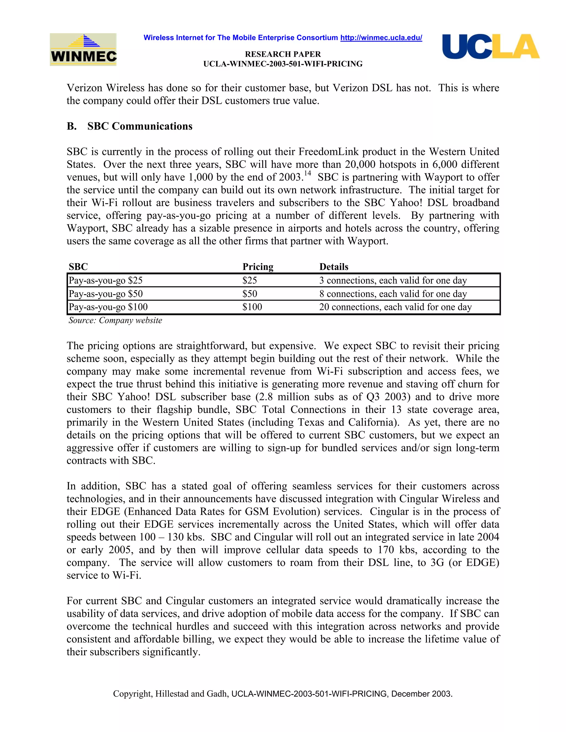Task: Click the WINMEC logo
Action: click(83, 50)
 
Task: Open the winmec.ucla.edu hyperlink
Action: click(381, 38)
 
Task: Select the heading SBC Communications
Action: click(140, 126)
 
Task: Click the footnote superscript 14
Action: click(307, 173)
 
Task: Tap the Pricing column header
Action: click(258, 267)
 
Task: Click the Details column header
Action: click(334, 267)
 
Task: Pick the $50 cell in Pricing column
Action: click(250, 294)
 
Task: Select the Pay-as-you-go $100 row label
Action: click(108, 307)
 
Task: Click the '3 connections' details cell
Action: click(393, 281)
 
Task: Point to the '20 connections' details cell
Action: click(395, 307)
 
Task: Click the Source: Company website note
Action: click(115, 320)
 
